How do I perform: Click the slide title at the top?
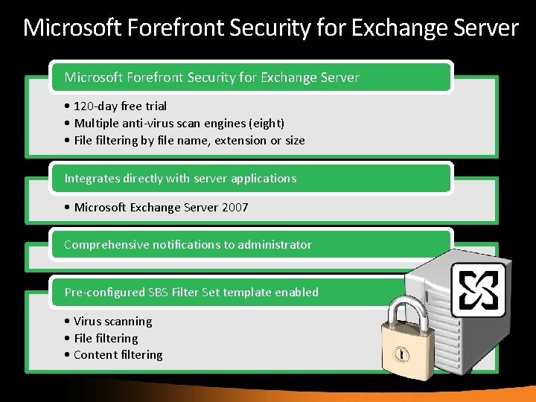[x=270, y=28]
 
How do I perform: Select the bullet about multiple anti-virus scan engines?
[x=174, y=123]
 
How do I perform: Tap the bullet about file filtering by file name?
[x=185, y=140]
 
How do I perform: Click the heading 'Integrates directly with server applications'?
[x=180, y=178]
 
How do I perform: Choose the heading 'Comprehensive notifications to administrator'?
[x=188, y=244]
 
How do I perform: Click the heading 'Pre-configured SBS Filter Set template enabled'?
[x=191, y=292]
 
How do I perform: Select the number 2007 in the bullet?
[x=234, y=207]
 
